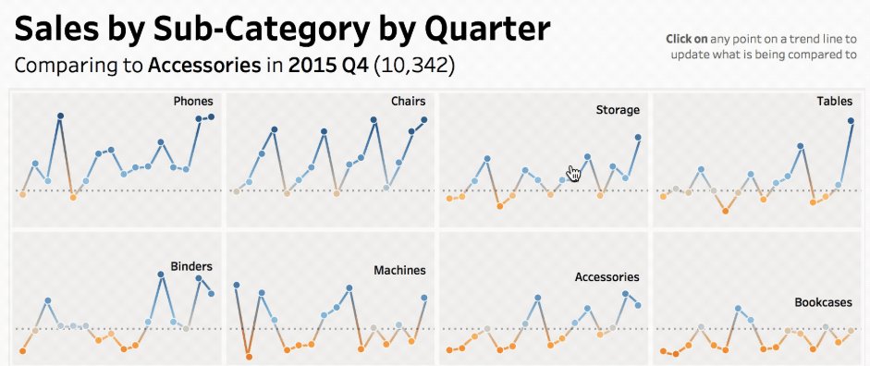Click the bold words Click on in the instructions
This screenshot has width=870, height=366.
687,39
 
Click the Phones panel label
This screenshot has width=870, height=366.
193,101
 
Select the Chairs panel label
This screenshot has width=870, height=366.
408,101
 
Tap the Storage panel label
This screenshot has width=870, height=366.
618,110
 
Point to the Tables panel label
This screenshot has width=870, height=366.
835,101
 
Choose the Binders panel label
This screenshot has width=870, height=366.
191,267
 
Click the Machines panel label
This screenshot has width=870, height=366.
399,271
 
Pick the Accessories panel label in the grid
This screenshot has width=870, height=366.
607,276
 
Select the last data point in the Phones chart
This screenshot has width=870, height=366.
211,116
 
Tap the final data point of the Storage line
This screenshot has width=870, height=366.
638,138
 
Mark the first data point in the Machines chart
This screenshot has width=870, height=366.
237,285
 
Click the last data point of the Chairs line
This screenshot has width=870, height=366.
424,119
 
